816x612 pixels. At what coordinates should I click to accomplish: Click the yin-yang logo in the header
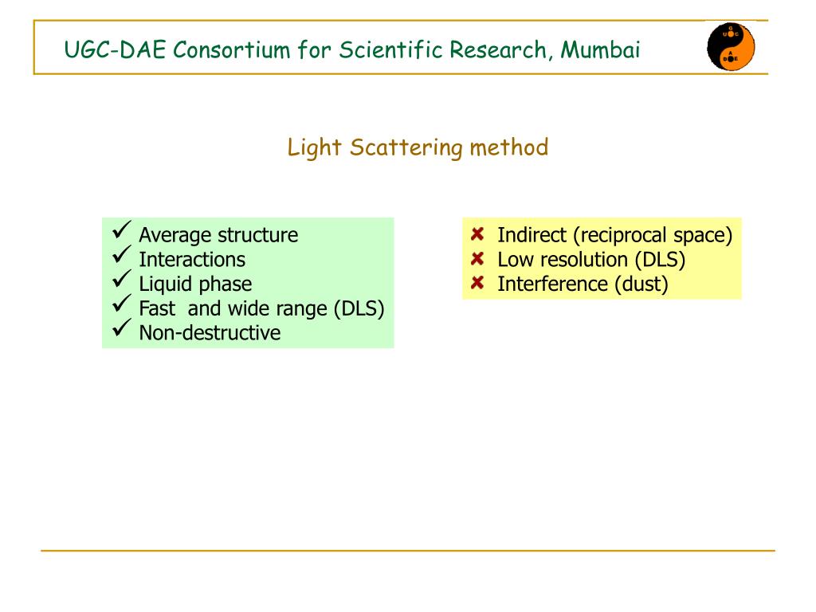[731, 47]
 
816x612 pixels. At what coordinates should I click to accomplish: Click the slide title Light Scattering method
[418, 147]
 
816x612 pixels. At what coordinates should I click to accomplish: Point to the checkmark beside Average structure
[122, 232]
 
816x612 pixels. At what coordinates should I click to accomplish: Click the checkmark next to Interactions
[122, 257]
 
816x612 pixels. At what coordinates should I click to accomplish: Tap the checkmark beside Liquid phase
[122, 281]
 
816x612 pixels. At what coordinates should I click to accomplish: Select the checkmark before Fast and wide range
[122, 306]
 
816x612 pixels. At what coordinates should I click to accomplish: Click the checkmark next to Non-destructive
[122, 330]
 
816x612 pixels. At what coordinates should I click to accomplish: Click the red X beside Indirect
[477, 234]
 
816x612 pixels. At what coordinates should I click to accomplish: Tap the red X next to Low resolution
[477, 259]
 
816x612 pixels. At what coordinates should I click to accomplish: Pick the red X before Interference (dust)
[477, 283]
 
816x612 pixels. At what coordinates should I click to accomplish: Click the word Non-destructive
[210, 332]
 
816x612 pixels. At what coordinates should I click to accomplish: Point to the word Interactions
[192, 259]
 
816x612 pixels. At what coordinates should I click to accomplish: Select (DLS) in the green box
[359, 308]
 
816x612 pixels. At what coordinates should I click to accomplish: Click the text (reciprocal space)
[656, 235]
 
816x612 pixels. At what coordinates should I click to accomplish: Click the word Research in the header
[498, 50]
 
